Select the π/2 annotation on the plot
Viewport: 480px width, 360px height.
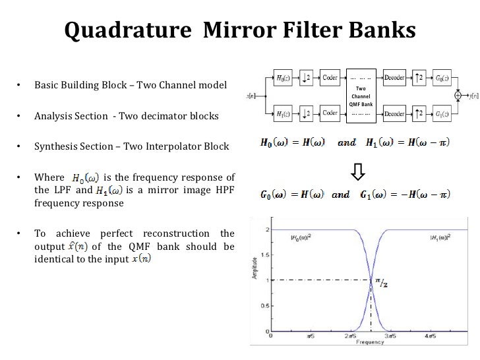380,284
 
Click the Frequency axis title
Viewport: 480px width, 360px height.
366,343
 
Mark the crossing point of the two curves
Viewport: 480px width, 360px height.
371,280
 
